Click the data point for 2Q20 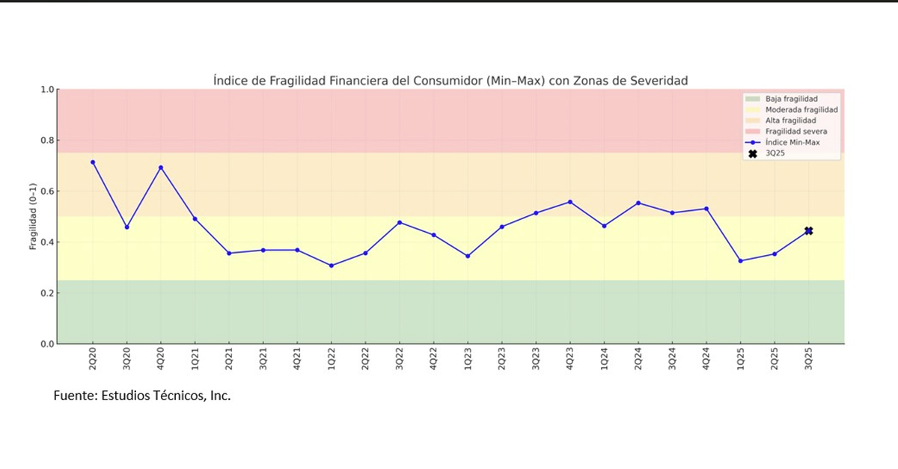[93, 162]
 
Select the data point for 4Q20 [161, 168]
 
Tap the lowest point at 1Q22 [332, 266]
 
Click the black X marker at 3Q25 [808, 231]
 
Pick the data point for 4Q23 [570, 202]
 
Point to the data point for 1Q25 [740, 261]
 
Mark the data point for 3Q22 [400, 222]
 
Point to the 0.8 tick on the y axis [47, 141]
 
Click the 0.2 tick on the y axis [47, 293]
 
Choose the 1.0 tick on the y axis [47, 90]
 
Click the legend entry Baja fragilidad [791, 99]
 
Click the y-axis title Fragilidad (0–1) [33, 217]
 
